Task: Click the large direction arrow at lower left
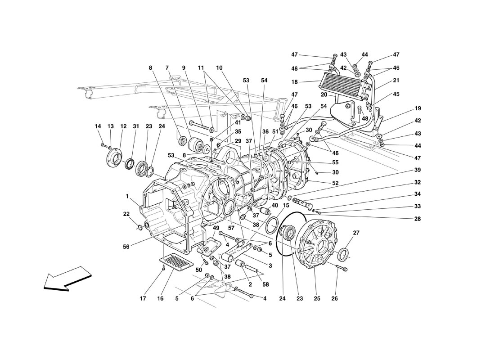(x=65, y=278)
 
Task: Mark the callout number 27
(x=356, y=233)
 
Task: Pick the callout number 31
(x=135, y=126)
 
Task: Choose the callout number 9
(x=184, y=68)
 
